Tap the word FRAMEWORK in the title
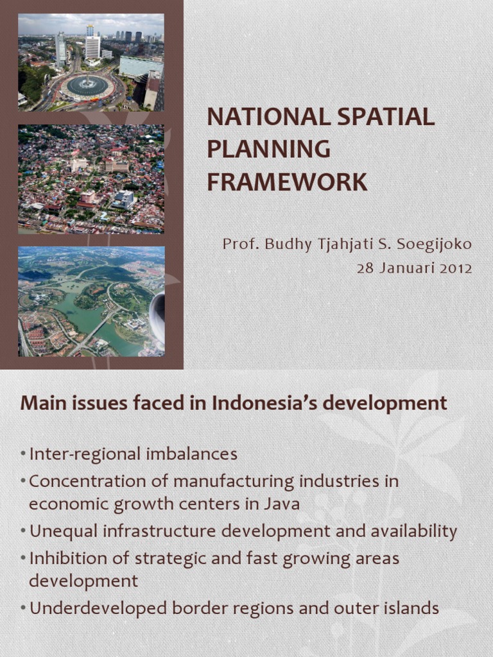(x=287, y=182)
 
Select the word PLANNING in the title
(x=268, y=149)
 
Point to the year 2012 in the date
(x=456, y=268)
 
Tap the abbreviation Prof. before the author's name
(x=238, y=244)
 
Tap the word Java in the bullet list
(x=282, y=504)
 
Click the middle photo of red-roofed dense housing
(x=91, y=179)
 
